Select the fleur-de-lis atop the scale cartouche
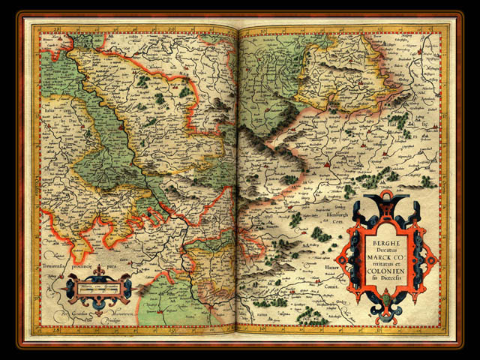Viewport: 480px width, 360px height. [x=97, y=274]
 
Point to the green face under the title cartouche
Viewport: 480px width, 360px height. [x=387, y=299]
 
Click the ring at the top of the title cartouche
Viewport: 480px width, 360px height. [x=385, y=196]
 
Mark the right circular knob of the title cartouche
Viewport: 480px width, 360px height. [x=431, y=259]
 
